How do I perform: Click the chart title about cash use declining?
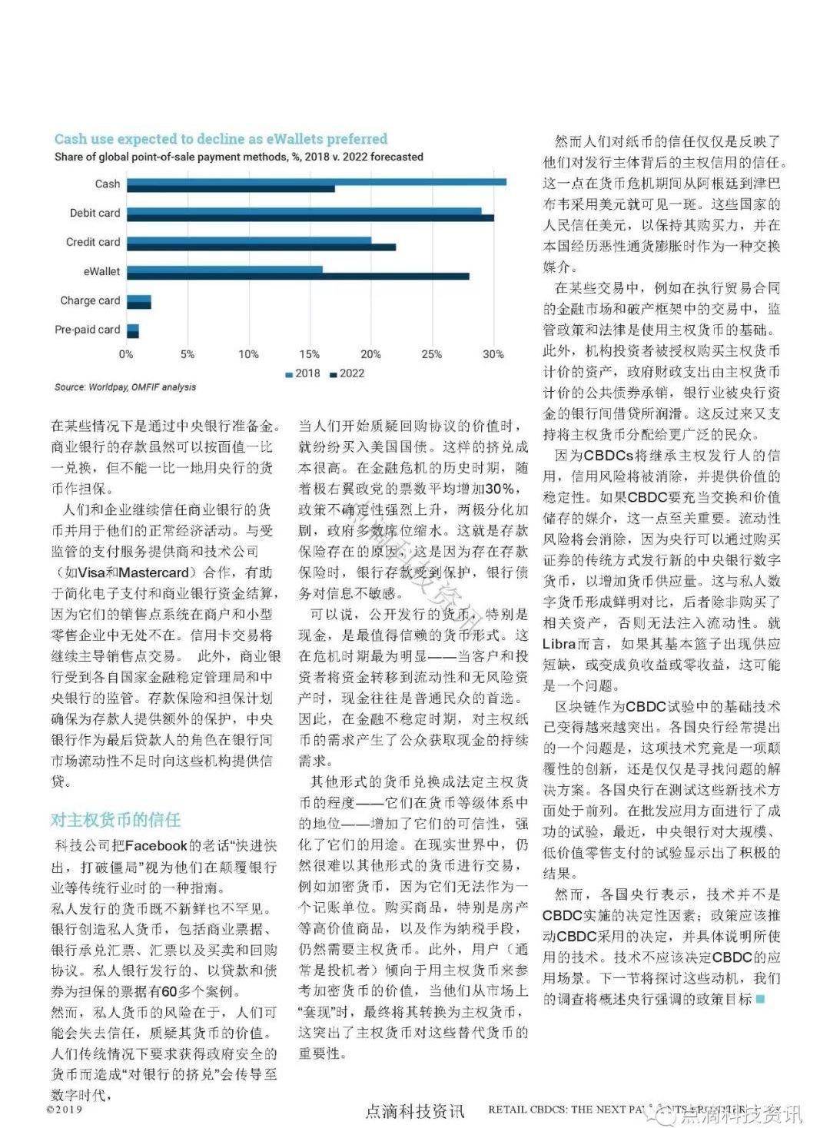(x=221, y=139)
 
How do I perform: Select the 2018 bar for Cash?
(x=316, y=181)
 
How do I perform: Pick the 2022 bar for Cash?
(x=231, y=188)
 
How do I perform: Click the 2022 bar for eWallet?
(x=297, y=276)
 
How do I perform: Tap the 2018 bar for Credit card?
(x=248, y=240)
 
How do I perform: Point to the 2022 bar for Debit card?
(x=310, y=218)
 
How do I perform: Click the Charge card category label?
(x=90, y=300)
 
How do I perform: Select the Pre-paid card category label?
(x=87, y=330)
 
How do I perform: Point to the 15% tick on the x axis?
(x=309, y=354)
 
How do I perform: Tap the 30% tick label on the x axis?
(x=493, y=354)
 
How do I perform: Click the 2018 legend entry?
(x=303, y=373)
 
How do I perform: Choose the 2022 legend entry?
(x=347, y=373)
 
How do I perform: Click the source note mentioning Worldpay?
(x=124, y=387)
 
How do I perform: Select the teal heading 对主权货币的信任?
(x=116, y=820)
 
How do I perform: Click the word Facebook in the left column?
(x=156, y=846)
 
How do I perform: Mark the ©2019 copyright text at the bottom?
(x=64, y=1110)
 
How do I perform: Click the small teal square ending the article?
(x=761, y=999)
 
